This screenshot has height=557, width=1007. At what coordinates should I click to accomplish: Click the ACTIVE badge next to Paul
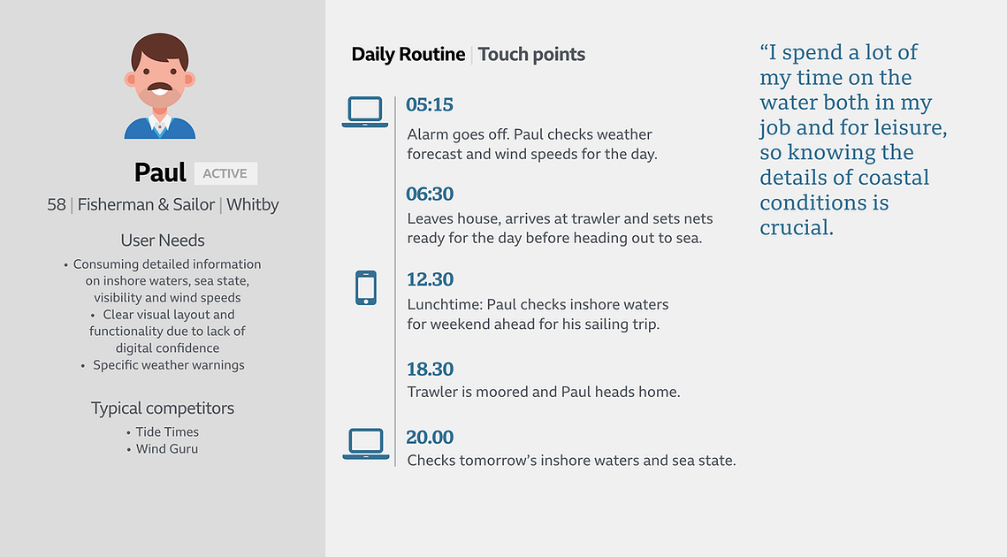pyautogui.click(x=225, y=173)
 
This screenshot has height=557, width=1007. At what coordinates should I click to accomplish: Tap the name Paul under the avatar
pyautogui.click(x=160, y=172)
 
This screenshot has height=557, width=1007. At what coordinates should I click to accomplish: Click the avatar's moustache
pyautogui.click(x=160, y=87)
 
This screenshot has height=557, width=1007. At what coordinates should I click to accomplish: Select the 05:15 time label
pyautogui.click(x=430, y=104)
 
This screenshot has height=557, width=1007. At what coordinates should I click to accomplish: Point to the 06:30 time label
pyautogui.click(x=430, y=194)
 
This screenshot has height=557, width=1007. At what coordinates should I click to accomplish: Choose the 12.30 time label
pyautogui.click(x=431, y=279)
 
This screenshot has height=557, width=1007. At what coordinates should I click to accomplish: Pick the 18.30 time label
pyautogui.click(x=431, y=370)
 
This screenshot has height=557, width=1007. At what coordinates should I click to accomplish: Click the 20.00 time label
pyautogui.click(x=430, y=438)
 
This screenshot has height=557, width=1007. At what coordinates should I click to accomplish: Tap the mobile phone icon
pyautogui.click(x=366, y=288)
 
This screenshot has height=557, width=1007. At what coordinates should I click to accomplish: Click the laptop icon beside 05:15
pyautogui.click(x=365, y=111)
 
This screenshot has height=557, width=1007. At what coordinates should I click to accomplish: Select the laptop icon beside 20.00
pyautogui.click(x=365, y=444)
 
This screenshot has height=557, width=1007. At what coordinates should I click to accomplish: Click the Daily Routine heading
pyautogui.click(x=408, y=55)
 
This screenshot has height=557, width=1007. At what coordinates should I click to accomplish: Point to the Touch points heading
pyautogui.click(x=531, y=55)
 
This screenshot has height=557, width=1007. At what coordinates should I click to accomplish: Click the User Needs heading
pyautogui.click(x=163, y=240)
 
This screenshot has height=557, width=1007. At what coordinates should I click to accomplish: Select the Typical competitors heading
pyautogui.click(x=163, y=408)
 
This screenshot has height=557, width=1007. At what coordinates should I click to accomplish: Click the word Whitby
pyautogui.click(x=252, y=205)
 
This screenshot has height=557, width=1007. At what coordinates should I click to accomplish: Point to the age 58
pyautogui.click(x=57, y=205)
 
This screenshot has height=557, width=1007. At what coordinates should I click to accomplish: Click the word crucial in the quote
pyautogui.click(x=797, y=228)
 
